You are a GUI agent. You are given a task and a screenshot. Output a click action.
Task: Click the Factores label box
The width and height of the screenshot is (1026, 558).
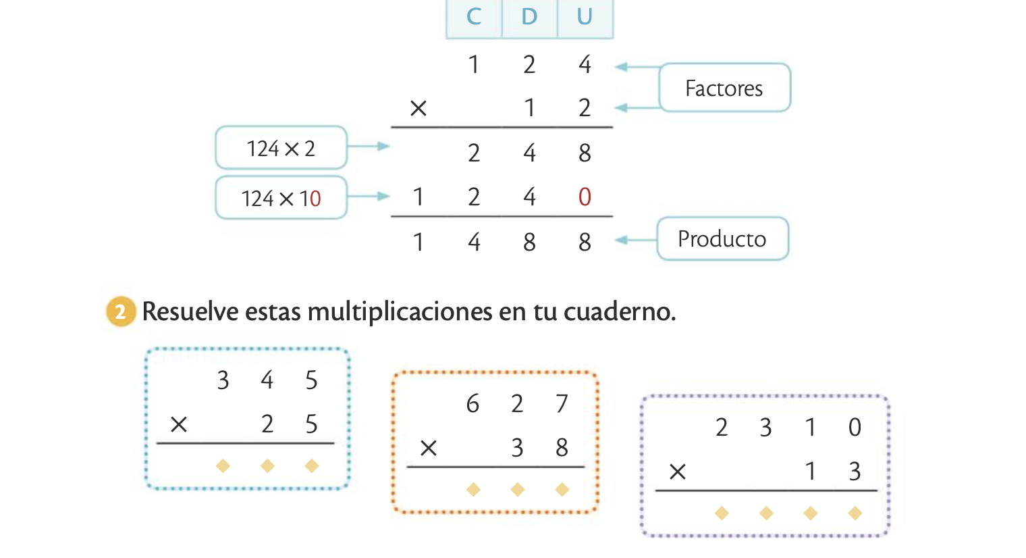pyautogui.click(x=724, y=88)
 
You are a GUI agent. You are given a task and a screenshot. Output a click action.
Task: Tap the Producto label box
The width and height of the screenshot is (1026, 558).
pyautogui.click(x=722, y=238)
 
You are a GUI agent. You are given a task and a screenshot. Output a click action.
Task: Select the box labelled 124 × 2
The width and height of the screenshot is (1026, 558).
pyautogui.click(x=281, y=148)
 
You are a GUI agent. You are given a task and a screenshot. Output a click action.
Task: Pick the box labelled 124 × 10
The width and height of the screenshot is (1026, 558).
pyautogui.click(x=281, y=198)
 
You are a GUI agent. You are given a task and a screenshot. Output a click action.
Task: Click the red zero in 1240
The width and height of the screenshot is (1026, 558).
pyautogui.click(x=585, y=197)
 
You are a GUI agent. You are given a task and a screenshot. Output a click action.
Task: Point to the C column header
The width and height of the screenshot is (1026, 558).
pyautogui.click(x=474, y=17)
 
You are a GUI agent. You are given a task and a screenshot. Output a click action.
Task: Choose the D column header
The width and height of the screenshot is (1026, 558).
pyautogui.click(x=529, y=17)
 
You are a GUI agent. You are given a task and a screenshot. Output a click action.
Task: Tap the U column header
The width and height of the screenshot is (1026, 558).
pyautogui.click(x=585, y=17)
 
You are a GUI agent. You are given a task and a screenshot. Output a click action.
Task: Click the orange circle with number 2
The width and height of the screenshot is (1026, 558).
pyautogui.click(x=121, y=311)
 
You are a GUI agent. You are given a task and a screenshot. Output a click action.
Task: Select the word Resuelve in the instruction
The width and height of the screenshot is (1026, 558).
pyautogui.click(x=190, y=311)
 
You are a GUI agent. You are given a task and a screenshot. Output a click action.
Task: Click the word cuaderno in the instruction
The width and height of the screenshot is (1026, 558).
pyautogui.click(x=618, y=311)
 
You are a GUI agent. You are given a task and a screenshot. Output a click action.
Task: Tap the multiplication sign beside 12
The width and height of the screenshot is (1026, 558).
pyautogui.click(x=418, y=108)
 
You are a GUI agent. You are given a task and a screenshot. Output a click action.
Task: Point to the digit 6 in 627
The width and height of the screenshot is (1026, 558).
pyautogui.click(x=473, y=404)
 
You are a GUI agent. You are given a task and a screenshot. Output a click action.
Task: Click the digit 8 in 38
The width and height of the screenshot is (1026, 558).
pyautogui.click(x=562, y=447)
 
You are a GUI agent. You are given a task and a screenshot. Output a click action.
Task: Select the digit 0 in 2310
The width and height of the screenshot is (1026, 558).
pyautogui.click(x=855, y=427)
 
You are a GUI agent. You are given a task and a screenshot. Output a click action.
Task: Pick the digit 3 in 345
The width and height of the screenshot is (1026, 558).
pyautogui.click(x=223, y=380)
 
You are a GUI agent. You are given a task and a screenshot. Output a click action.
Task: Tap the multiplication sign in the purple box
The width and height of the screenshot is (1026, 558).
pyautogui.click(x=678, y=472)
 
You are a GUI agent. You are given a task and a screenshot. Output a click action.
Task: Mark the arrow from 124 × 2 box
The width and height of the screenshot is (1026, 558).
pyautogui.click(x=369, y=146)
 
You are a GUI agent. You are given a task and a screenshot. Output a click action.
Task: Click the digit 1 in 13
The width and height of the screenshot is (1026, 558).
pyautogui.click(x=810, y=471)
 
